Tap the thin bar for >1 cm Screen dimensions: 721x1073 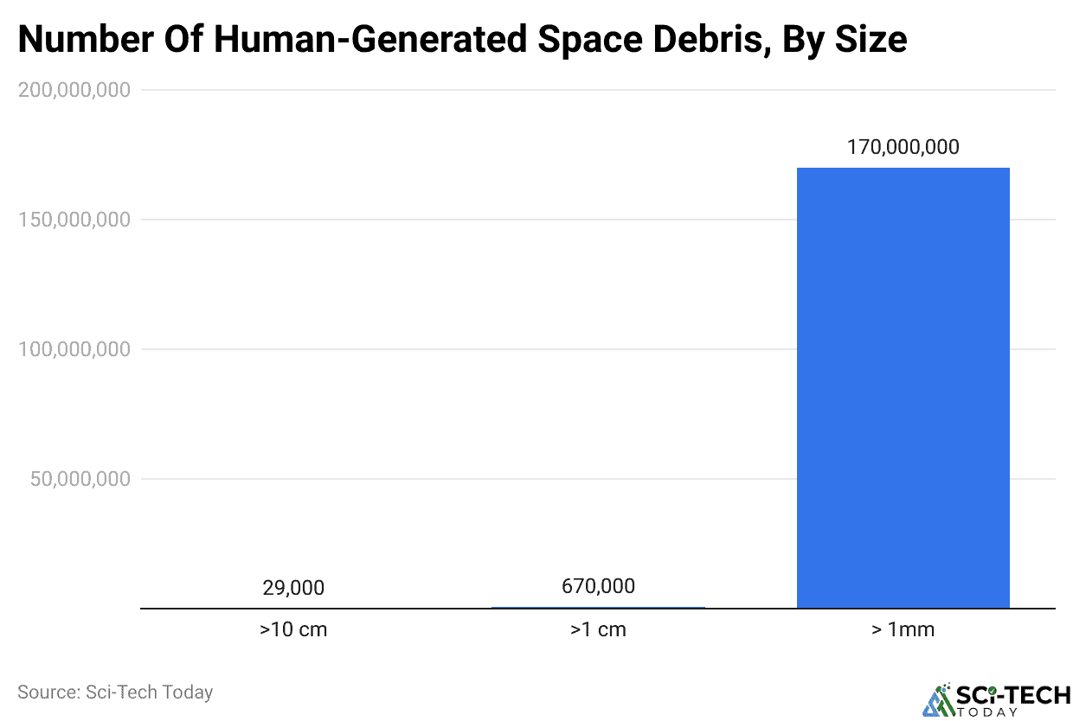pos(598,607)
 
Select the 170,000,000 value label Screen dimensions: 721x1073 pos(903,147)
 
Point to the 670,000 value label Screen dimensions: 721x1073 pos(598,586)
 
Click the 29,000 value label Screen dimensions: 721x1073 pos(293,588)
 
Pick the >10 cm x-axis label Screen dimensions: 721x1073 pos(293,629)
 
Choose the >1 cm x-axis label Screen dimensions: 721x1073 pos(598,629)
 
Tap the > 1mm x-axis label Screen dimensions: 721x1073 pos(903,629)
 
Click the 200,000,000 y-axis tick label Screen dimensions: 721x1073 pos(74,90)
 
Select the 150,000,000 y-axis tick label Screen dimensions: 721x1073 pos(74,220)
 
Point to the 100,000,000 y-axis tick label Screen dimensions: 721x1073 pos(74,349)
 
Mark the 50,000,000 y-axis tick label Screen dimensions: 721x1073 pos(80,479)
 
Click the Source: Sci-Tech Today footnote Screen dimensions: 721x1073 pos(115,692)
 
